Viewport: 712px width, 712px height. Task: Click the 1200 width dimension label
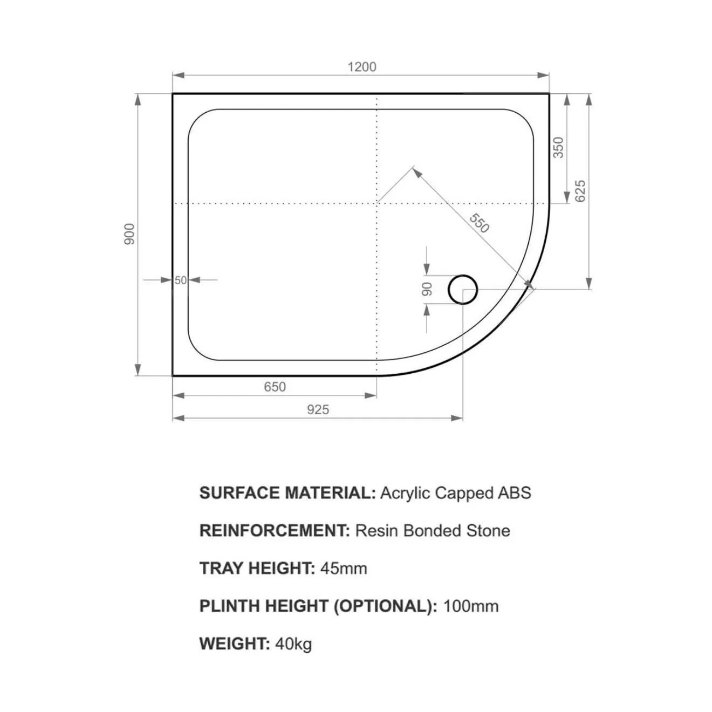pyautogui.click(x=362, y=67)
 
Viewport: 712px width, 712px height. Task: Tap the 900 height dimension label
pyautogui.click(x=129, y=234)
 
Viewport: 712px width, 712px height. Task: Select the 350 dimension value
pyautogui.click(x=558, y=147)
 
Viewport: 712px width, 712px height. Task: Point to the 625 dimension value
pyautogui.click(x=580, y=191)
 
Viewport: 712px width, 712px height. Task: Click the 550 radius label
pyautogui.click(x=479, y=223)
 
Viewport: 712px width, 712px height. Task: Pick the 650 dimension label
pyautogui.click(x=275, y=387)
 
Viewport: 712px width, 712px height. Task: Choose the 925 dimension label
pyautogui.click(x=318, y=410)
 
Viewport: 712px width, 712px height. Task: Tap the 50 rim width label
pyautogui.click(x=180, y=280)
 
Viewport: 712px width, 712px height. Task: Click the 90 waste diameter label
pyautogui.click(x=427, y=289)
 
